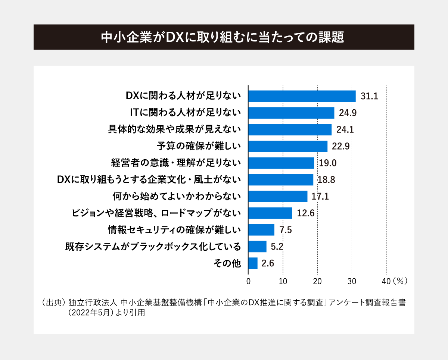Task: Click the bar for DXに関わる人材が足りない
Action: pos(302,96)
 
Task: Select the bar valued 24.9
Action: pos(291,113)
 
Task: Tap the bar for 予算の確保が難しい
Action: pos(288,146)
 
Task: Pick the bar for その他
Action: pos(253,263)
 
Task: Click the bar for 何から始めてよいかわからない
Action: pos(278,196)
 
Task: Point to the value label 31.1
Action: pos(370,96)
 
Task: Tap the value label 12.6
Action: pos(306,213)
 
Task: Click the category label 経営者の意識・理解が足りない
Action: pos(174,163)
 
